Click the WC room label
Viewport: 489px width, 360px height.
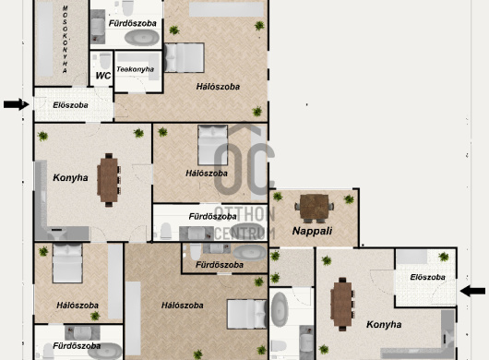click(103, 76)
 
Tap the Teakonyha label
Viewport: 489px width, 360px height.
click(135, 69)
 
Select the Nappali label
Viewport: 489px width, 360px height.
click(312, 231)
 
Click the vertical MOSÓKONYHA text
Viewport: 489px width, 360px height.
click(65, 40)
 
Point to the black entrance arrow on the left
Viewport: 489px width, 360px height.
click(17, 104)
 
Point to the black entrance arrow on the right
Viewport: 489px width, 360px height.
click(472, 291)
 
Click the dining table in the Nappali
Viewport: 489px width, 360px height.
click(314, 208)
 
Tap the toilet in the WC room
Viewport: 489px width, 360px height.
click(105, 61)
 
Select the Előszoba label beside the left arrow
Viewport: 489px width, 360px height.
click(70, 105)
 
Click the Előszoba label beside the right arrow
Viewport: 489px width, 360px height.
click(427, 277)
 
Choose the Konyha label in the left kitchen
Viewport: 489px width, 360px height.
click(70, 178)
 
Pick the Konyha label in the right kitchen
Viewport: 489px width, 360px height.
click(384, 325)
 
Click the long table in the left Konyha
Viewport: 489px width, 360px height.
click(109, 180)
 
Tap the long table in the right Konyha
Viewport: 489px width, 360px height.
click(342, 305)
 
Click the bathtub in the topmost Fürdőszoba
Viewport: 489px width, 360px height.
click(142, 38)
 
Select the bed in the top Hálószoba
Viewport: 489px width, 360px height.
click(184, 58)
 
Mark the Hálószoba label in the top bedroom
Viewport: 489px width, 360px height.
click(218, 87)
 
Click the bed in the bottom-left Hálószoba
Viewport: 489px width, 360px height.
click(67, 263)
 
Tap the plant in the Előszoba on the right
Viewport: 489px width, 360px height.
click(443, 257)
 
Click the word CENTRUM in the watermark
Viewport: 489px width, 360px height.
click(244, 233)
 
